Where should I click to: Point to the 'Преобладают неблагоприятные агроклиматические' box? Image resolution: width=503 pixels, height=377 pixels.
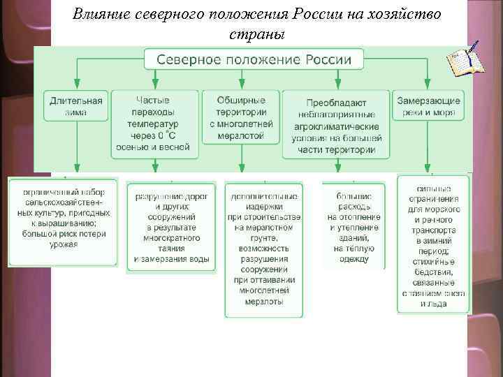(337, 123)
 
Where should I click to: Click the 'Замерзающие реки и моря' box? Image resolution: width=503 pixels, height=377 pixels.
(428, 106)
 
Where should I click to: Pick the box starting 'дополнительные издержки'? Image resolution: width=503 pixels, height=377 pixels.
(265, 247)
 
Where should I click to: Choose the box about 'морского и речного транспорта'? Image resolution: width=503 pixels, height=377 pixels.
(433, 244)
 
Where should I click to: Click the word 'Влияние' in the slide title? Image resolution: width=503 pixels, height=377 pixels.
(100, 15)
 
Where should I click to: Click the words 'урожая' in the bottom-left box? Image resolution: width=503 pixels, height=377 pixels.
(64, 244)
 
